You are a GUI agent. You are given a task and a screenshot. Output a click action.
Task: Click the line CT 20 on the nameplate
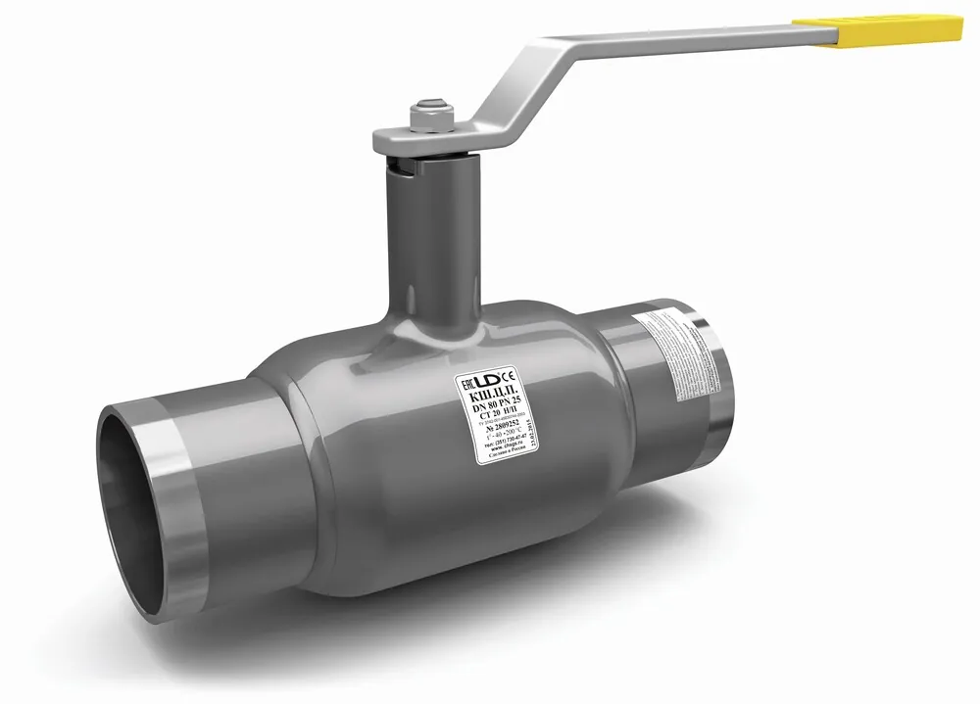(493, 413)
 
